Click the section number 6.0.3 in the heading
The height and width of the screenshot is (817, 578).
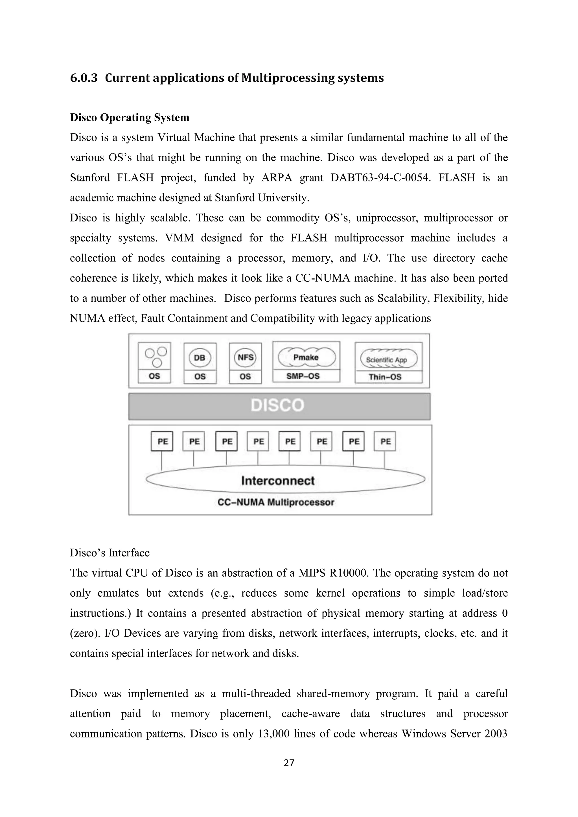click(84, 78)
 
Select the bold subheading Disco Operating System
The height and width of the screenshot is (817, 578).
click(130, 117)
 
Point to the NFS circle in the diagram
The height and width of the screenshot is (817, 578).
click(245, 357)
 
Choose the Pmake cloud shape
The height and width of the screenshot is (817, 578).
click(306, 357)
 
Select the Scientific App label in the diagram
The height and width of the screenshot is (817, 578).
click(387, 360)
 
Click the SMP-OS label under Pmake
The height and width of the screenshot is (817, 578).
click(303, 376)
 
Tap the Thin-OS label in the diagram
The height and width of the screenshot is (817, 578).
click(385, 377)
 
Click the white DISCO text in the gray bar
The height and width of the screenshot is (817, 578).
click(278, 405)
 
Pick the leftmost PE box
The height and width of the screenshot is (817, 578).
click(162, 441)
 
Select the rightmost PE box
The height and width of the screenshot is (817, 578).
click(385, 441)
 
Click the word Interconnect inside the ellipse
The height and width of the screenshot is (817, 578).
click(278, 481)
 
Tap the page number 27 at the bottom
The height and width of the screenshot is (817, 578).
click(289, 763)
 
